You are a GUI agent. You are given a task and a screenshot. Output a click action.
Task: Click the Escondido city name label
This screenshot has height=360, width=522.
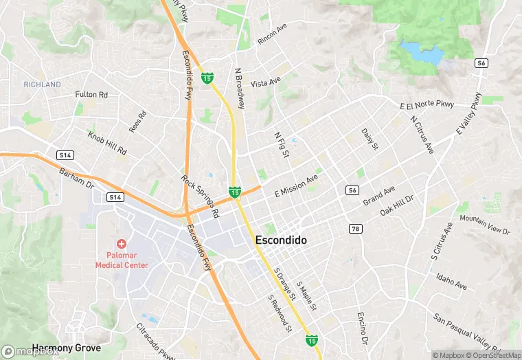tap(281, 240)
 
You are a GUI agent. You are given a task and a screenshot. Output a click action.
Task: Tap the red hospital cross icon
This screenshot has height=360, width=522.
tap(122, 244)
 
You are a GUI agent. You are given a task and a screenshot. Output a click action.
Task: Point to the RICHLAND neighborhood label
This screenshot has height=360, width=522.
tap(42, 85)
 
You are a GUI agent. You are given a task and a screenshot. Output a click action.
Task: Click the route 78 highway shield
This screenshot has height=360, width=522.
tap(356, 229)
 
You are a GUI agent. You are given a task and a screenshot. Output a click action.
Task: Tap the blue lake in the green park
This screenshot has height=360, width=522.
tap(422, 52)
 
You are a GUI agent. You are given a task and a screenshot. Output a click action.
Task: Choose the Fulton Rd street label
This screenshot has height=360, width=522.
tap(91, 94)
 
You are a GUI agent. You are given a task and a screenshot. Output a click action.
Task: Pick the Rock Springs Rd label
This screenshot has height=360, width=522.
tap(200, 196)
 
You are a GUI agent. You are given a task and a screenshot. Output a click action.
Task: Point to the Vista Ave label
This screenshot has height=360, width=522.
tap(266, 83)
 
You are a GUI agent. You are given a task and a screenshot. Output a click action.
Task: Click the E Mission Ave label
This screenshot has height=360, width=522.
tap(296, 185)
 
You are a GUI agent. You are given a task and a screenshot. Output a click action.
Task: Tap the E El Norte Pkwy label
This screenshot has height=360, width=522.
tap(427, 105)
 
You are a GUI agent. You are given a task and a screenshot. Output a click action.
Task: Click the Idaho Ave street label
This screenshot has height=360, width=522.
tap(451, 280)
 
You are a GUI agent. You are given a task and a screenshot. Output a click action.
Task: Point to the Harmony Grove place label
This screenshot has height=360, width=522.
tap(66, 348)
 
